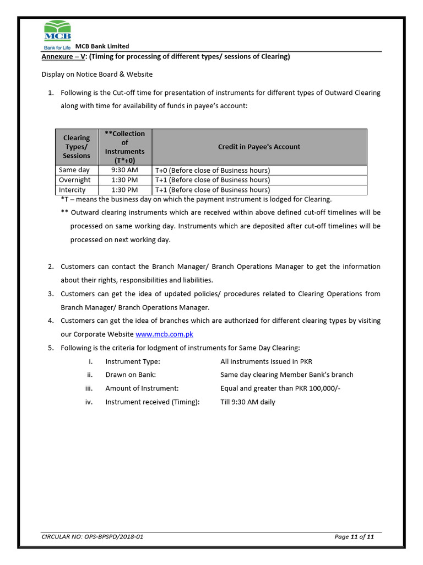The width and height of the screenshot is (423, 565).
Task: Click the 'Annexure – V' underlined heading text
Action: pyautogui.click(x=64, y=57)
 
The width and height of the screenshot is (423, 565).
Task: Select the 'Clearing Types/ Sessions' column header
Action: pyautogui.click(x=77, y=147)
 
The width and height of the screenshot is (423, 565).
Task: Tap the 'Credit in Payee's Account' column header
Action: pyautogui.click(x=259, y=147)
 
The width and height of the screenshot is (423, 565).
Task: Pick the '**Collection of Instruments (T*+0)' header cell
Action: pyautogui.click(x=124, y=147)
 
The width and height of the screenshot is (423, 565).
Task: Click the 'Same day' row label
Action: pyautogui.click(x=74, y=170)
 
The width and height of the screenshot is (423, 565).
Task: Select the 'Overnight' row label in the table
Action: pyautogui.click(x=75, y=180)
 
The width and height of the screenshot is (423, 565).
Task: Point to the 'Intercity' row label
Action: pyautogui.click(x=73, y=190)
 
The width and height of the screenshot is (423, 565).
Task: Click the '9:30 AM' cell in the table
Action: pyautogui.click(x=124, y=170)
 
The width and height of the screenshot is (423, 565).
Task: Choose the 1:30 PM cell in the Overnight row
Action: pyautogui.click(x=124, y=180)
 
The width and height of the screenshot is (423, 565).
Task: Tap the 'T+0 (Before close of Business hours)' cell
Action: pyautogui.click(x=213, y=170)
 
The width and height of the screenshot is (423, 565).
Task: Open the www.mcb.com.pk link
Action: pyautogui.click(x=164, y=334)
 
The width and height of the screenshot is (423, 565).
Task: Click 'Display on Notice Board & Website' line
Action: pyautogui.click(x=97, y=74)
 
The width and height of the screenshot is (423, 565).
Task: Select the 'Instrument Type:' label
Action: pyautogui.click(x=133, y=361)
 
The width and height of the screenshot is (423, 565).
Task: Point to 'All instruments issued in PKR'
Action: pyautogui.click(x=266, y=361)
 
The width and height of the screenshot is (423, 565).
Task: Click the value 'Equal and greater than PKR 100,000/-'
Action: pyautogui.click(x=280, y=388)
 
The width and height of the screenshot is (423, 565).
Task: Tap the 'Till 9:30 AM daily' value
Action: pyautogui.click(x=248, y=402)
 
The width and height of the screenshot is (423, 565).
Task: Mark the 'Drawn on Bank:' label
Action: pyautogui.click(x=130, y=375)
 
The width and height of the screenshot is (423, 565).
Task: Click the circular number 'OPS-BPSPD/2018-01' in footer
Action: pyautogui.click(x=114, y=536)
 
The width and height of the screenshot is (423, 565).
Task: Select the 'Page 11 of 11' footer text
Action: pyautogui.click(x=354, y=536)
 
